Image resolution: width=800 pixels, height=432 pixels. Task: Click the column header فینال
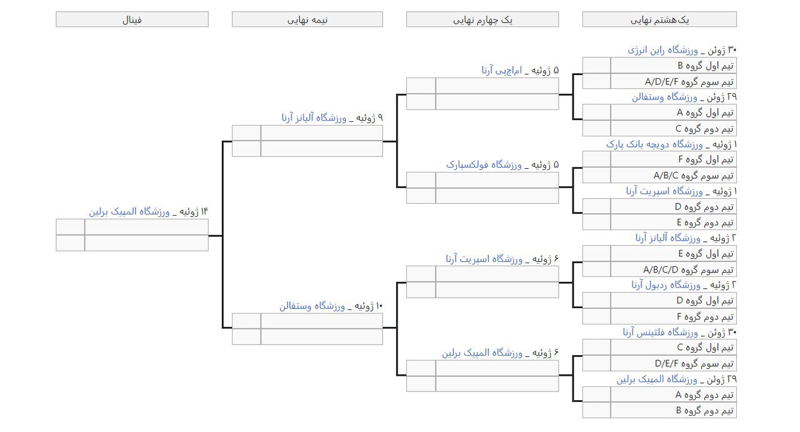132,19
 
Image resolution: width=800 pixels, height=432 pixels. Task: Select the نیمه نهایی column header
307,19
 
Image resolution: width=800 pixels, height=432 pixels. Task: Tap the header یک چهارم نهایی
482,19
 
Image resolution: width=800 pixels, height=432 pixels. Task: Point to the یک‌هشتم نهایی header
659,19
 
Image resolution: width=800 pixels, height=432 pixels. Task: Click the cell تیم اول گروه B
673,66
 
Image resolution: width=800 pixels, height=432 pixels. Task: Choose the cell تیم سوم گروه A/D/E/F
673,81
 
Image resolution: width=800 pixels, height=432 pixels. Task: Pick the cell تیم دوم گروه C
673,129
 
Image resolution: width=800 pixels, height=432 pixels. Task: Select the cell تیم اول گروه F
673,159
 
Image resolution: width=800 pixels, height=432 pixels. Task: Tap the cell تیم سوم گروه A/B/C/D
673,269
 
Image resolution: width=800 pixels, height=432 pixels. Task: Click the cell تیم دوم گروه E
673,223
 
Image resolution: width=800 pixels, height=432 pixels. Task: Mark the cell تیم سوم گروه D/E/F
673,363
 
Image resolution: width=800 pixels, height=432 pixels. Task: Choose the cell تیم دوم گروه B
673,411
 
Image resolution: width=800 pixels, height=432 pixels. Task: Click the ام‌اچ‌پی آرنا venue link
502,71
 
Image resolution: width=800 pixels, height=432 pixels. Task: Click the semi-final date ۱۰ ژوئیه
369,306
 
